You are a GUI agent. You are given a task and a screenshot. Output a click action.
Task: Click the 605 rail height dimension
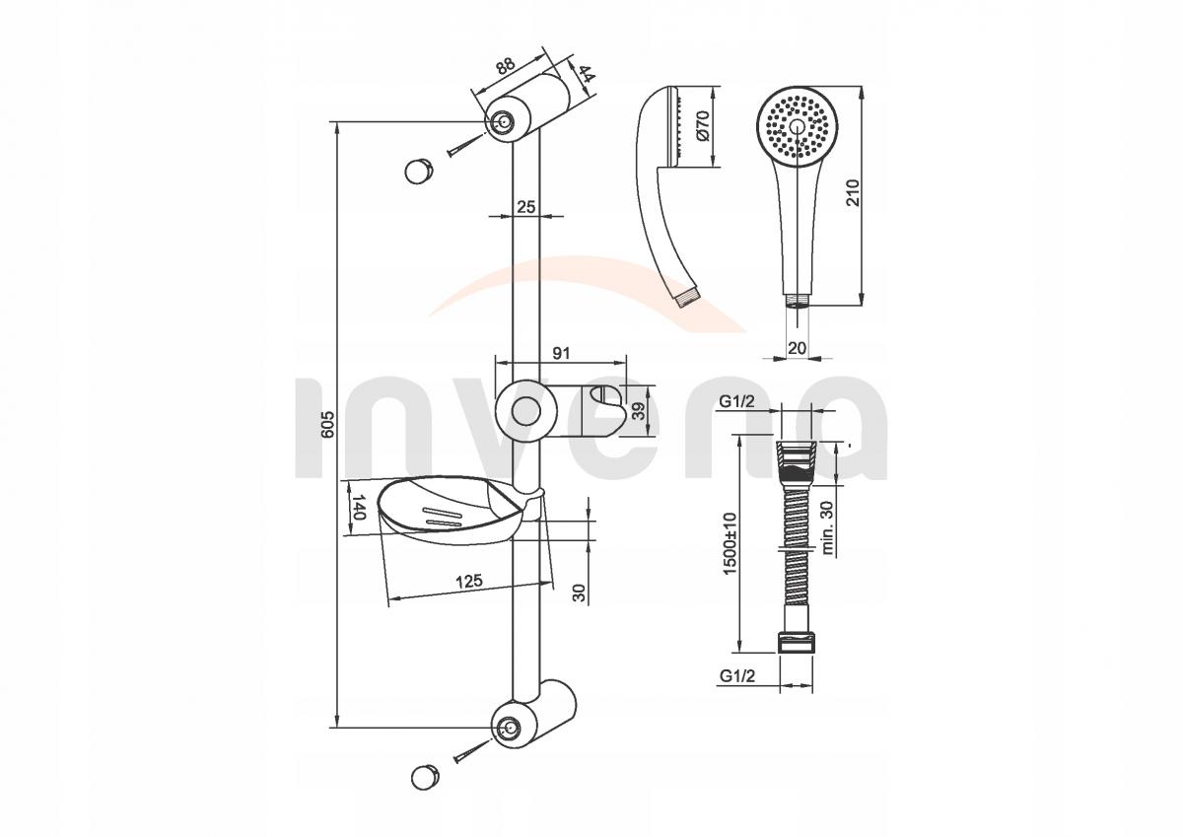328,424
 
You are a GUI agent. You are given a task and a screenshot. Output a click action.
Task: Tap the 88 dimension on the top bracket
505,66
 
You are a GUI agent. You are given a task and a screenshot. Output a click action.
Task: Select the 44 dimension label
586,73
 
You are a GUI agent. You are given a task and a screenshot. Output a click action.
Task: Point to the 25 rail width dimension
526,206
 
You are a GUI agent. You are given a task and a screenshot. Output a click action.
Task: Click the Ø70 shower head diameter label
702,125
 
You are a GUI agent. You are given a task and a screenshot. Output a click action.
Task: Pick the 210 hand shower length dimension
853,192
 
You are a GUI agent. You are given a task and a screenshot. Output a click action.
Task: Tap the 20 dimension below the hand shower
797,347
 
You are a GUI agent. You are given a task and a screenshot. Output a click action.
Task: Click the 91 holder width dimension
561,353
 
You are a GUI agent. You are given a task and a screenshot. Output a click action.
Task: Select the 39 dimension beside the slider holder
639,411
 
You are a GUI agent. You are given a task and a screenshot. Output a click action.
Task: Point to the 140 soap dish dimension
358,507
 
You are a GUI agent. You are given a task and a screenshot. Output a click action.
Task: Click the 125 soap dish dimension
469,581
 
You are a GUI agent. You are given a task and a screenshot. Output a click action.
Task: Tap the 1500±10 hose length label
730,543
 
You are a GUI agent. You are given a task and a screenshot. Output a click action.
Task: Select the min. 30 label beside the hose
827,527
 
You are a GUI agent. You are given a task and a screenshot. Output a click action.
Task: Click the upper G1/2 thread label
737,402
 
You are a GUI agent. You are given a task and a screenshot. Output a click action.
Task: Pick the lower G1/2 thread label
737,675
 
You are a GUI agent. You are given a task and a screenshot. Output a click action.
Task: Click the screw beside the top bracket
465,145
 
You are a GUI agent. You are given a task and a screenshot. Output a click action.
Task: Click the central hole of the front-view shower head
797,126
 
